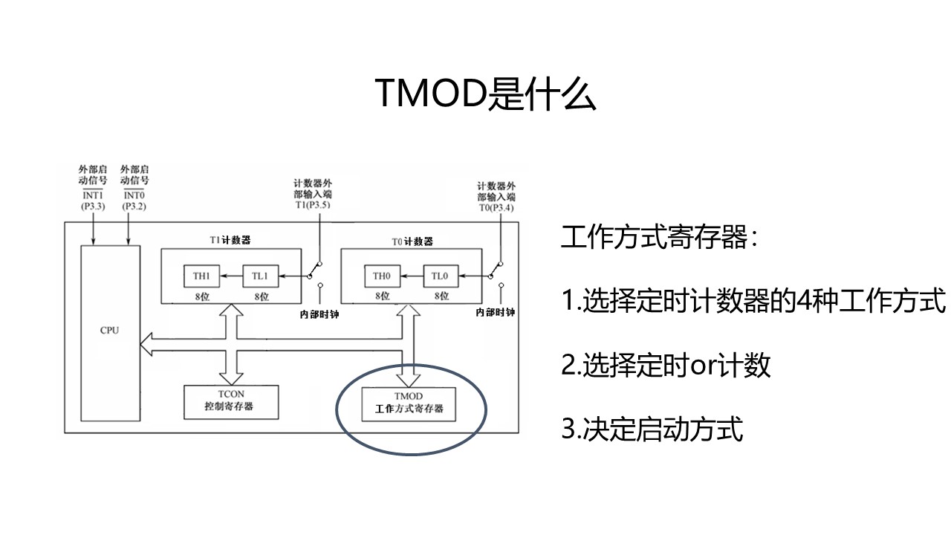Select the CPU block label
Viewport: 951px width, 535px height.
click(109, 330)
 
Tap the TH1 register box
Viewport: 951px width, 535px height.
click(202, 276)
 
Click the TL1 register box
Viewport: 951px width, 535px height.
click(259, 276)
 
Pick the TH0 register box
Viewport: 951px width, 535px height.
click(381, 276)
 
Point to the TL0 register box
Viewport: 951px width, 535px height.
click(440, 276)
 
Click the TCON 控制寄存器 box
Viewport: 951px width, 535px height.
click(231, 401)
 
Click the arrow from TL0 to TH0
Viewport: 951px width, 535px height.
click(411, 276)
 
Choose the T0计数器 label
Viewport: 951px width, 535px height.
click(412, 241)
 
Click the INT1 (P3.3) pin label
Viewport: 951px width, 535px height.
click(93, 199)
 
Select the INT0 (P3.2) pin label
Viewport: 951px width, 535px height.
click(134, 199)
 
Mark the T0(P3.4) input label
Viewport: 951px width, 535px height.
click(496, 207)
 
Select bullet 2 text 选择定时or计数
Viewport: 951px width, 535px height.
click(666, 366)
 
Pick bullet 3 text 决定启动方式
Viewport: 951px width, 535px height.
click(652, 429)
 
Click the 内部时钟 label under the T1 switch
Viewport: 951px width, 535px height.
click(313, 313)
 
